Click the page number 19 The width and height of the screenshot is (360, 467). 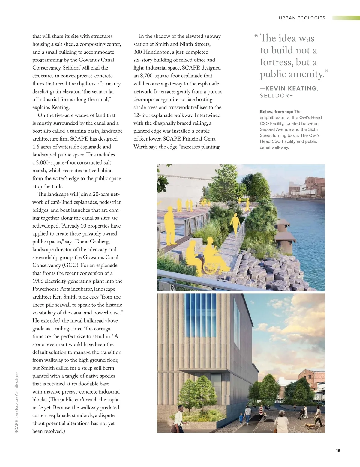338,450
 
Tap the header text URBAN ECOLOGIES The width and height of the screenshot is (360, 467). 302,18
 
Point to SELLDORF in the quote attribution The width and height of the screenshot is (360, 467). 276,96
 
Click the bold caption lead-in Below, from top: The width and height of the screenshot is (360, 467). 276,112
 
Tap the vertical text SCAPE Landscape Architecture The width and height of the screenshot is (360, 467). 17,403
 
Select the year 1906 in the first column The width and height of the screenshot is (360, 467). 38,281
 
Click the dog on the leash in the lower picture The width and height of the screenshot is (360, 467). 309,426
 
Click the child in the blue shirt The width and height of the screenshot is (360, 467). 241,418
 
